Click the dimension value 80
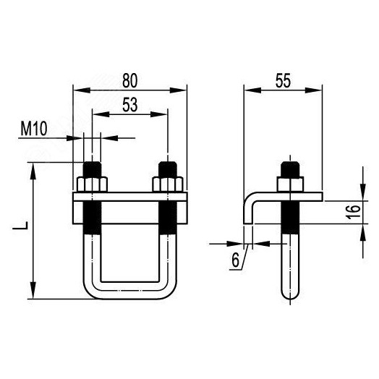click(x=129, y=80)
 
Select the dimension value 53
click(x=130, y=105)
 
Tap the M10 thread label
click(x=34, y=129)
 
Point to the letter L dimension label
click(x=21, y=226)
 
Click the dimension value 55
click(x=283, y=81)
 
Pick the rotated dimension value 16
click(x=353, y=212)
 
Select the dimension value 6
click(x=235, y=260)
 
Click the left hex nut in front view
click(x=92, y=184)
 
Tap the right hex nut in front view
click(x=168, y=184)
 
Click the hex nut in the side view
click(x=290, y=184)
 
